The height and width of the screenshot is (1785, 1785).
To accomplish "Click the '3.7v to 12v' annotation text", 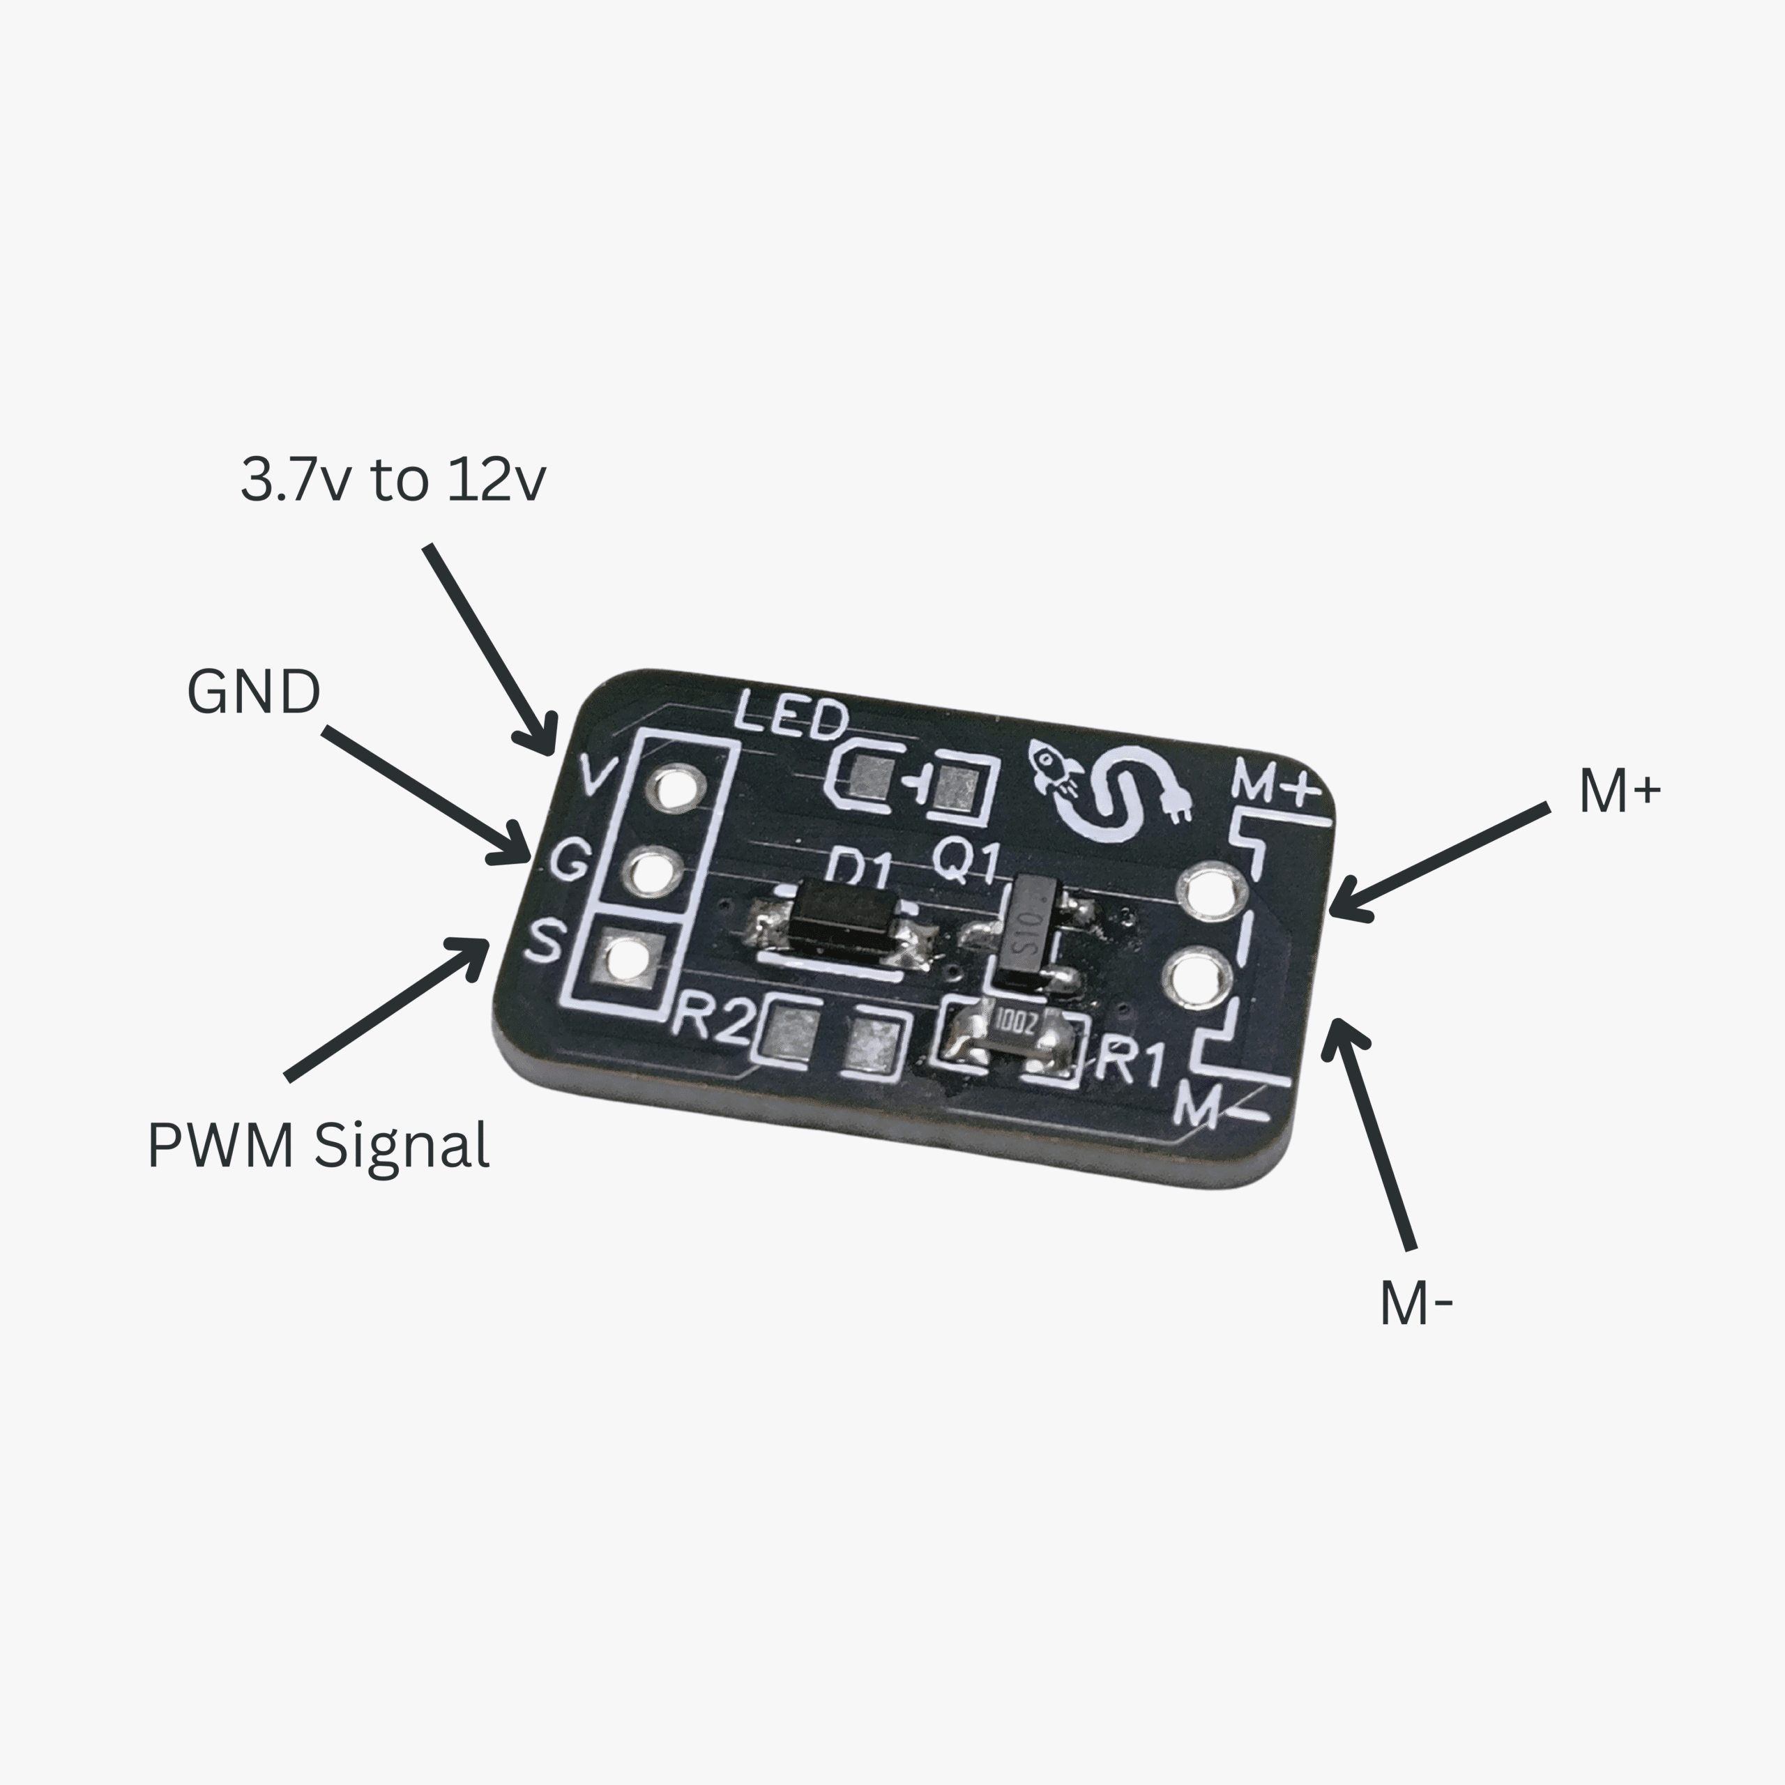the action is [393, 480].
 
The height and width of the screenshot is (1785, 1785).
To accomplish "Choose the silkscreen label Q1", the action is [966, 861].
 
